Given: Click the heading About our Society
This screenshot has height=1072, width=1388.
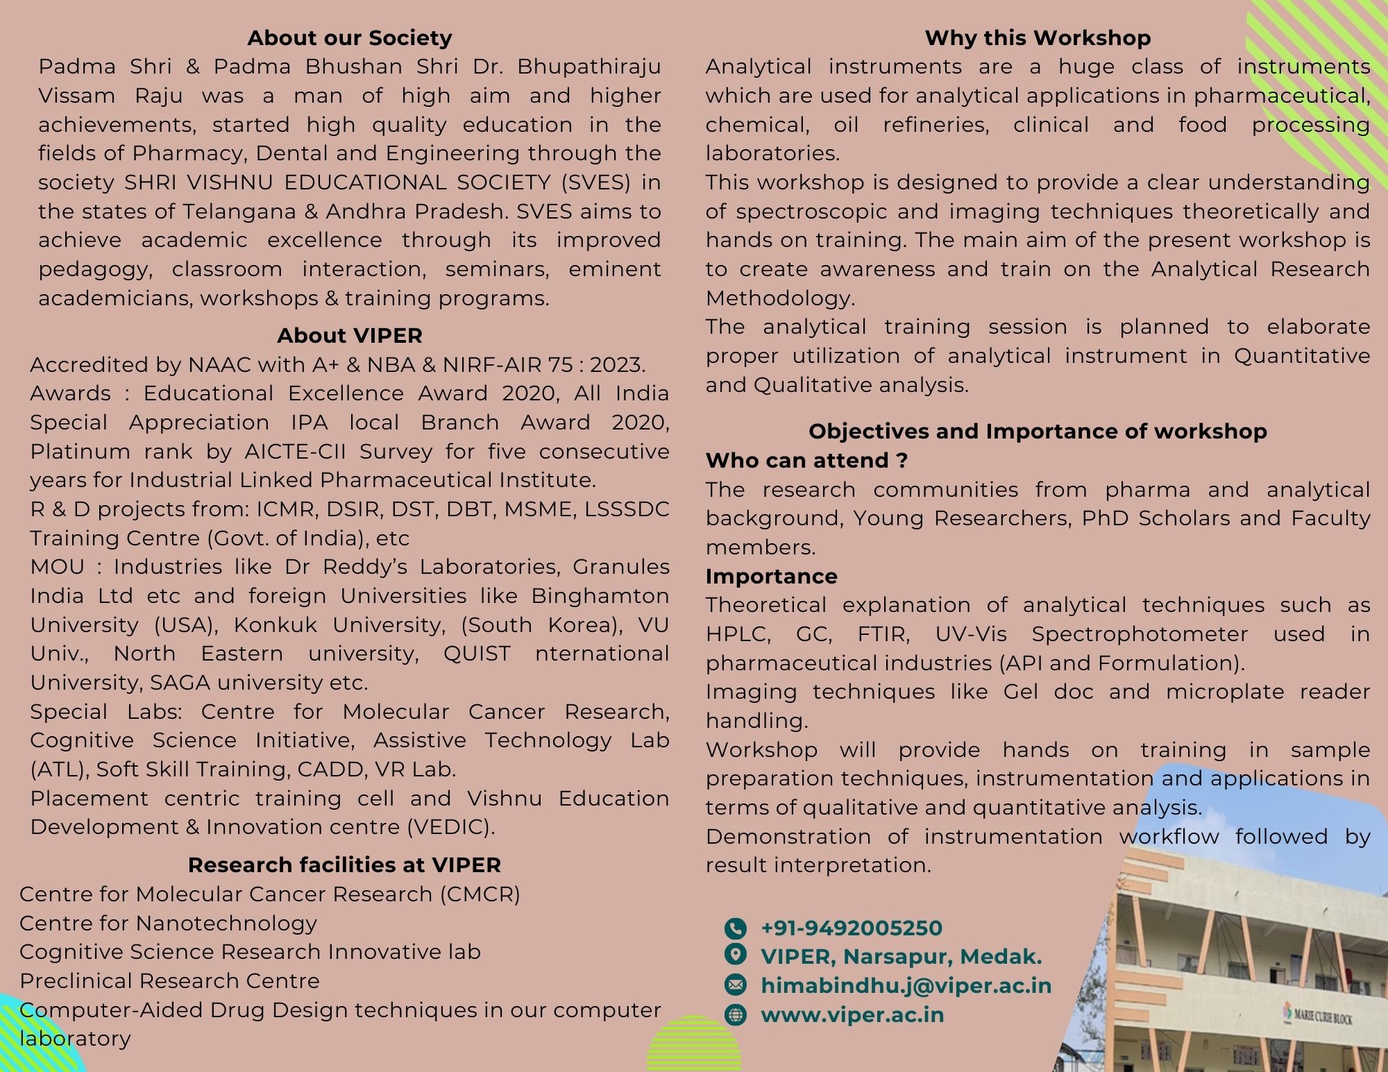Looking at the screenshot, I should coord(349,37).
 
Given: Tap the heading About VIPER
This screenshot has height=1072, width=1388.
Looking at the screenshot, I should coord(349,336).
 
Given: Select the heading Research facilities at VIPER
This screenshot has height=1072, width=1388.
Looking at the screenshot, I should coord(344,865).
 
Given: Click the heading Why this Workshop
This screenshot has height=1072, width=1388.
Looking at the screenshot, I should coord(1038,37).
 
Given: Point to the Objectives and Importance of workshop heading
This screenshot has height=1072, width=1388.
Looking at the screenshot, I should coord(1038,432).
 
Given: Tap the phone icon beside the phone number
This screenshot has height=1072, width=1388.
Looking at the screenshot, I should coord(735,928).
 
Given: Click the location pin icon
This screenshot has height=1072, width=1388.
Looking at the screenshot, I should coord(735,955).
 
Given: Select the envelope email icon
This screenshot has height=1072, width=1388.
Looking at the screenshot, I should coord(735,985).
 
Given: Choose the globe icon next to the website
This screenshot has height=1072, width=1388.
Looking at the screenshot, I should coord(735,1015).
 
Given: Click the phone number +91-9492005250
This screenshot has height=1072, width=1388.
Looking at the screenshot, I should coord(852,928).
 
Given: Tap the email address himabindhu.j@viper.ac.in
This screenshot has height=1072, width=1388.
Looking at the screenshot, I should coord(906,986).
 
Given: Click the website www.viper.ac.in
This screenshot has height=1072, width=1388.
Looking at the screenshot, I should coord(852,1015).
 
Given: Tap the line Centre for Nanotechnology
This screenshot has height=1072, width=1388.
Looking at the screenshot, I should coord(168,924).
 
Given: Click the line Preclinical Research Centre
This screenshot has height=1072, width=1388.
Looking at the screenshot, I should coord(169,981).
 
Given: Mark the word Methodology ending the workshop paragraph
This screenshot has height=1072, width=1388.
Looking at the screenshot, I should coord(780,298).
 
